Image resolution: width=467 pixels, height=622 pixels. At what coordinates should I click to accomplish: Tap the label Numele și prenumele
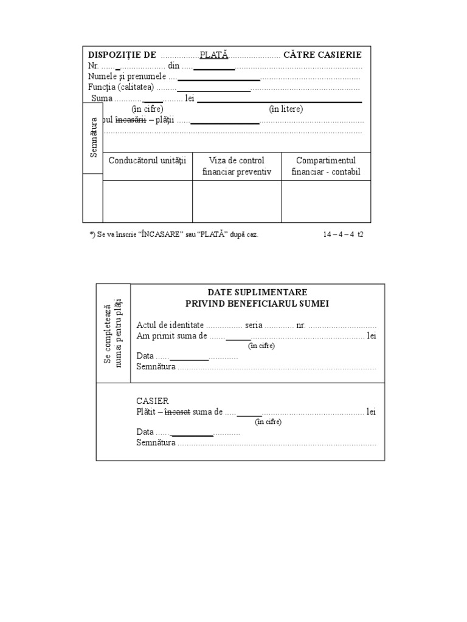128,77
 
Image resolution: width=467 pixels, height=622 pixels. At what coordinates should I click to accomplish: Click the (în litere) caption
286,109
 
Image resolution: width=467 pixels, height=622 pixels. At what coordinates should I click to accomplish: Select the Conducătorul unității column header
147,160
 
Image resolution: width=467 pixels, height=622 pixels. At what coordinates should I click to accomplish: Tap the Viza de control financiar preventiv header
237,166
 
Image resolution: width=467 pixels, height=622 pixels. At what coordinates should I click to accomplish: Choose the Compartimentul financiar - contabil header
326,166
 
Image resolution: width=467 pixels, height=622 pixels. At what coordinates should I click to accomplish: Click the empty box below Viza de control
237,201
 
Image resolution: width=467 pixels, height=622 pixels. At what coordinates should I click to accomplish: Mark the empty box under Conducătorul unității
147,201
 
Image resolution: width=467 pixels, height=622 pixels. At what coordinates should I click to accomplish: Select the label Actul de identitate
170,326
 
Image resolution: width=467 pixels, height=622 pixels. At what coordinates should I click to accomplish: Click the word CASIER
153,401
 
